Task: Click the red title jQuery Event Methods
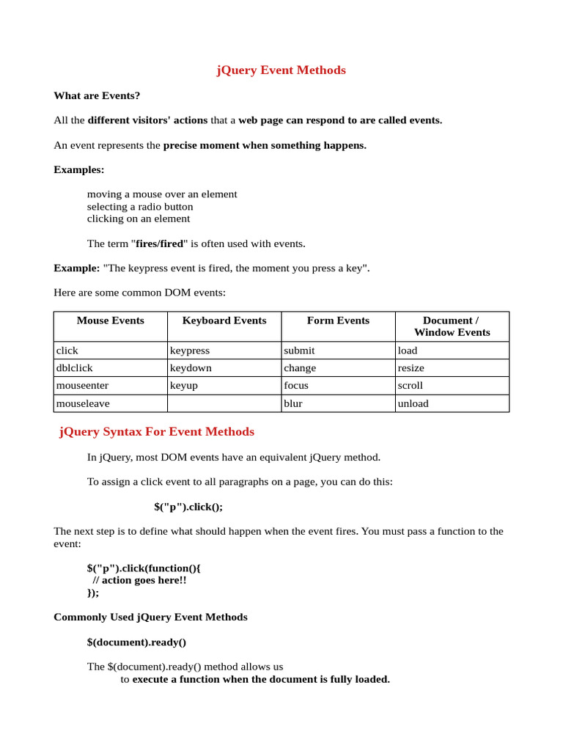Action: (281, 70)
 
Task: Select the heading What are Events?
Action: (97, 95)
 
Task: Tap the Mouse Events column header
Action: (110, 320)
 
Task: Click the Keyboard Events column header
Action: (224, 320)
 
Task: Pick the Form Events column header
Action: (338, 320)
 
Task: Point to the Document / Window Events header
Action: (452, 326)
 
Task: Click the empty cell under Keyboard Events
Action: (224, 403)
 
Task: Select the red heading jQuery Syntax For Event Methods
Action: (157, 431)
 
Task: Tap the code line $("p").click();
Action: (188, 507)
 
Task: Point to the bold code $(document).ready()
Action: (136, 642)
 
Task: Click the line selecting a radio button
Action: (140, 207)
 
